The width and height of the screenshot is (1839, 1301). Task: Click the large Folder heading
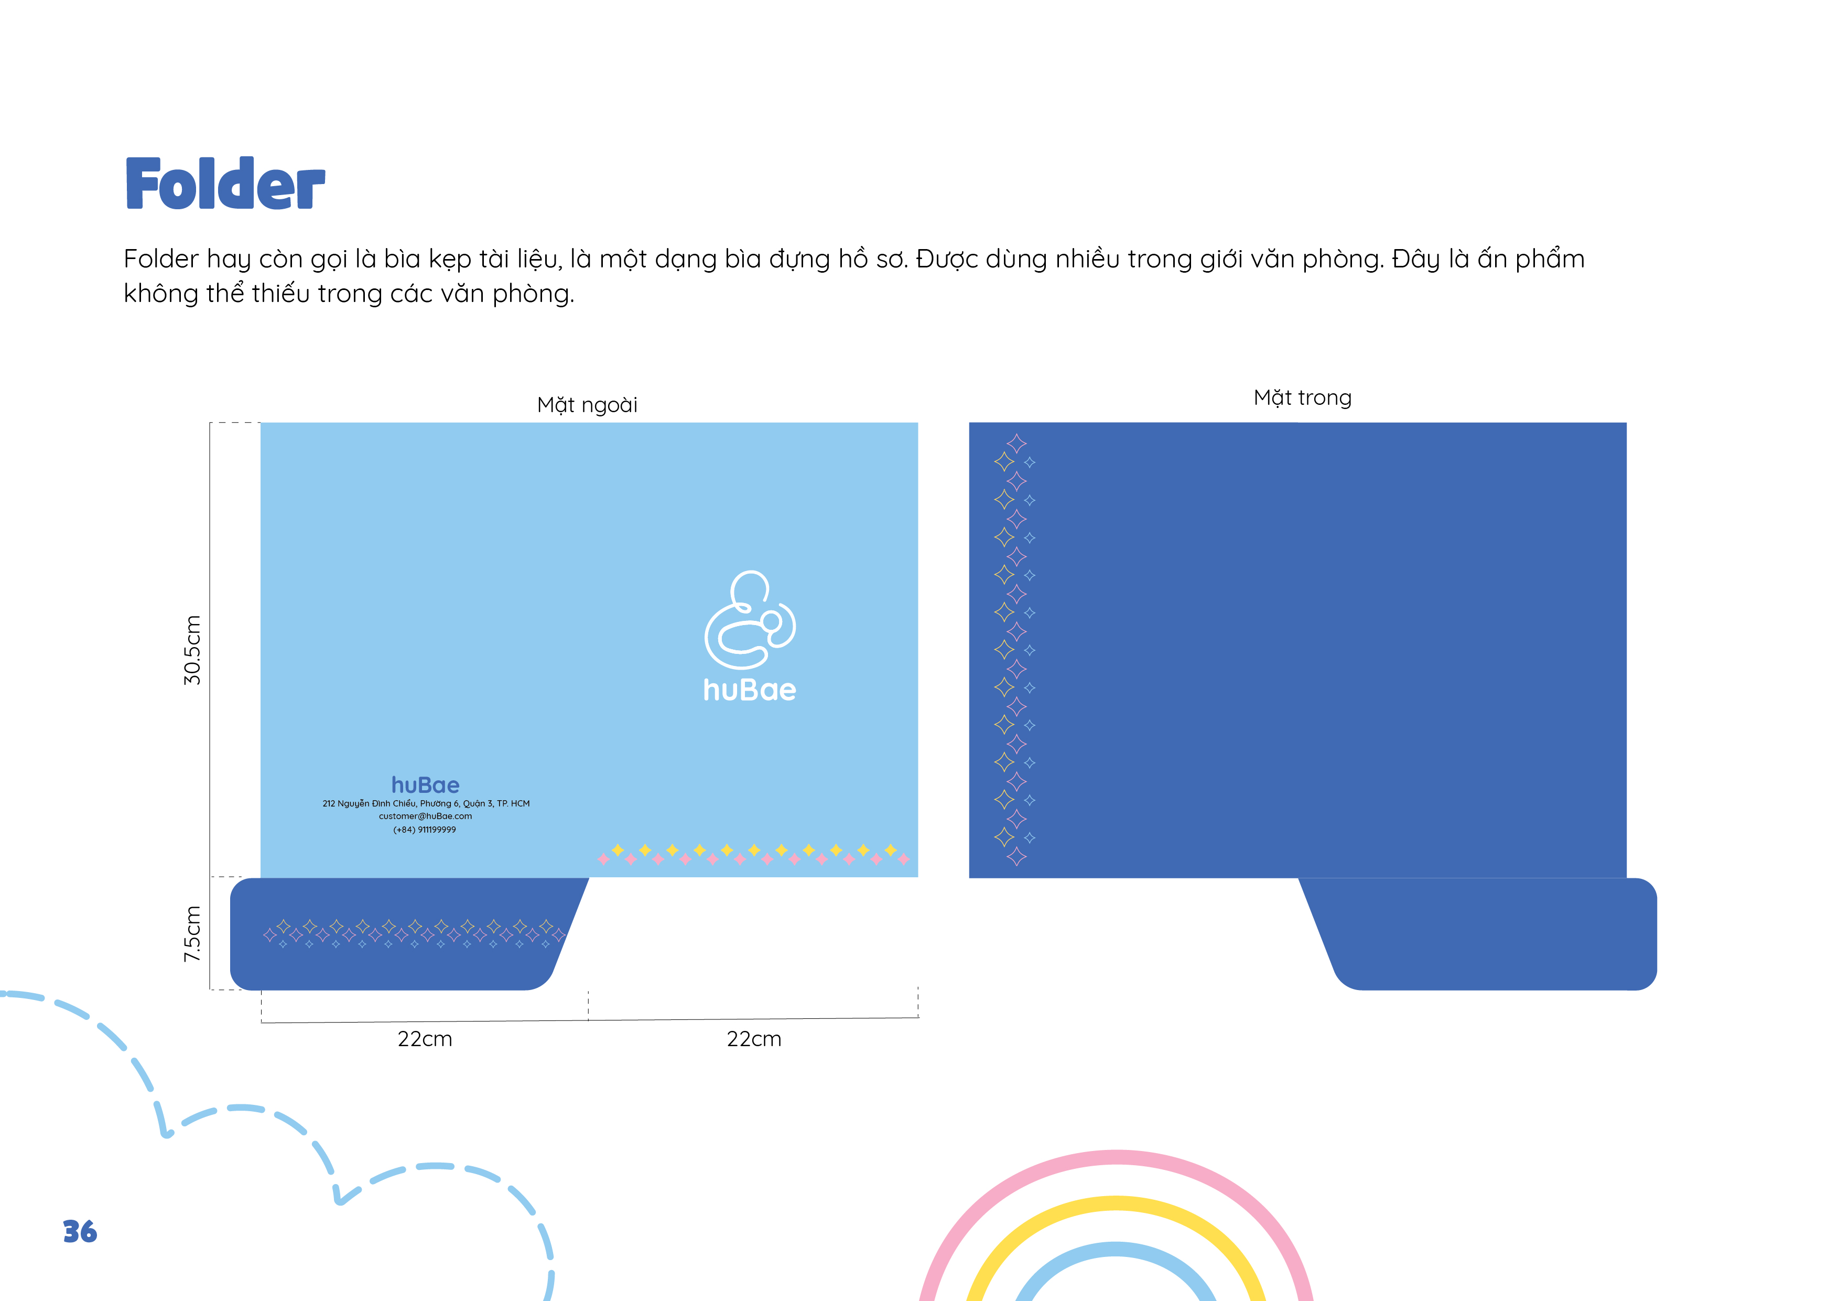click(x=225, y=184)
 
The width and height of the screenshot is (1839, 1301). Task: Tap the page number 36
click(x=80, y=1231)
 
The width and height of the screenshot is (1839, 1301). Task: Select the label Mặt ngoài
click(x=587, y=404)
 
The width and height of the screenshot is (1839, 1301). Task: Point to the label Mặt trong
click(x=1302, y=398)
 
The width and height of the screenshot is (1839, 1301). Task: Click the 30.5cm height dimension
click(x=192, y=650)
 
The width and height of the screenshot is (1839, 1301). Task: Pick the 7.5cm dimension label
click(x=192, y=934)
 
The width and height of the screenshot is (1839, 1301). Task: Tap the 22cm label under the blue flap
click(x=425, y=1039)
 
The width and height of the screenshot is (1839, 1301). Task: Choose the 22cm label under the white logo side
click(x=754, y=1039)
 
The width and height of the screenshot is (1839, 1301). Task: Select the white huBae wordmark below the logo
click(x=750, y=690)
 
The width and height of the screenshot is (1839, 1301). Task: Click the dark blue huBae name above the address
click(x=425, y=785)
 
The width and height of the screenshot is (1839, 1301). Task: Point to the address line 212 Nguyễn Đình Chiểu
click(x=426, y=803)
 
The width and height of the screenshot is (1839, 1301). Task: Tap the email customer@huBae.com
click(x=425, y=816)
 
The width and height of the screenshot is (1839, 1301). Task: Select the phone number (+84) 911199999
click(x=425, y=830)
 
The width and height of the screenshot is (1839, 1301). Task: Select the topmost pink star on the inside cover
click(x=1016, y=443)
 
